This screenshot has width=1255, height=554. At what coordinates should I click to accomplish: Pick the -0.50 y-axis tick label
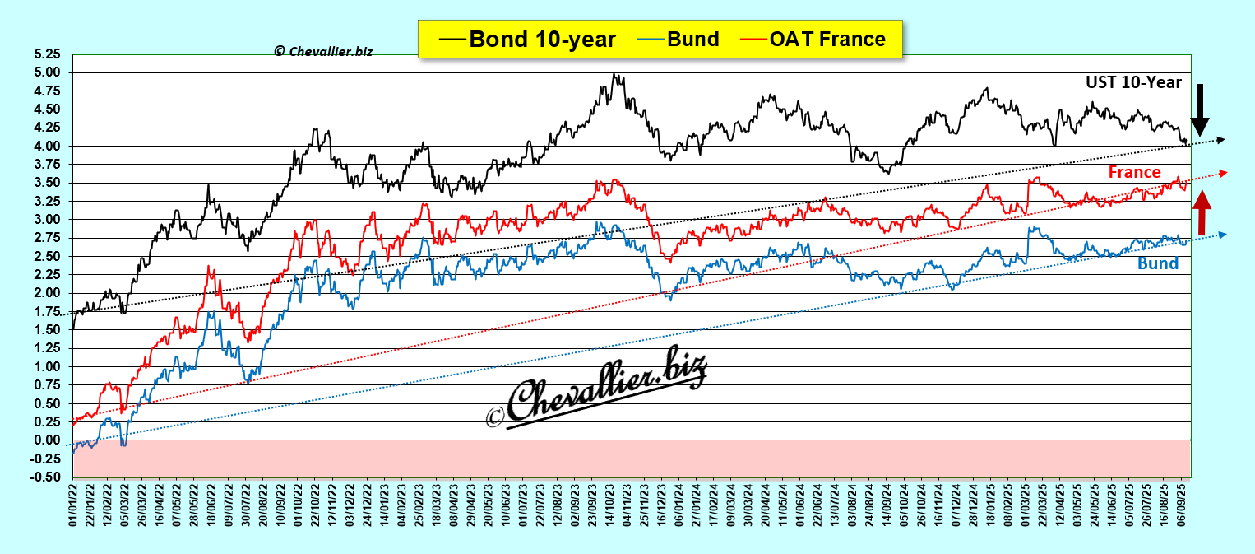(x=48, y=477)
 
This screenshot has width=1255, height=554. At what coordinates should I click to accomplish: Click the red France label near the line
(x=1134, y=172)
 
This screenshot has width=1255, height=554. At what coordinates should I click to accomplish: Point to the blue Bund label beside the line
(x=1158, y=263)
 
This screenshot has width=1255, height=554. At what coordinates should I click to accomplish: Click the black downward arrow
(x=1201, y=109)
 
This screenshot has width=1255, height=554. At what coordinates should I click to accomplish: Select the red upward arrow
(x=1202, y=213)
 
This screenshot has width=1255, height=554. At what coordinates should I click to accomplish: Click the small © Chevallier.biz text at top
(x=323, y=51)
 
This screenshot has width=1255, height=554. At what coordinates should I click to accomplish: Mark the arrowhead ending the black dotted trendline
(x=1221, y=140)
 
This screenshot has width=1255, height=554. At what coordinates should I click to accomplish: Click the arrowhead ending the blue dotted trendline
(x=1222, y=235)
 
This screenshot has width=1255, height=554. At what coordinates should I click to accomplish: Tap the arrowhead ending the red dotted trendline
(x=1222, y=172)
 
